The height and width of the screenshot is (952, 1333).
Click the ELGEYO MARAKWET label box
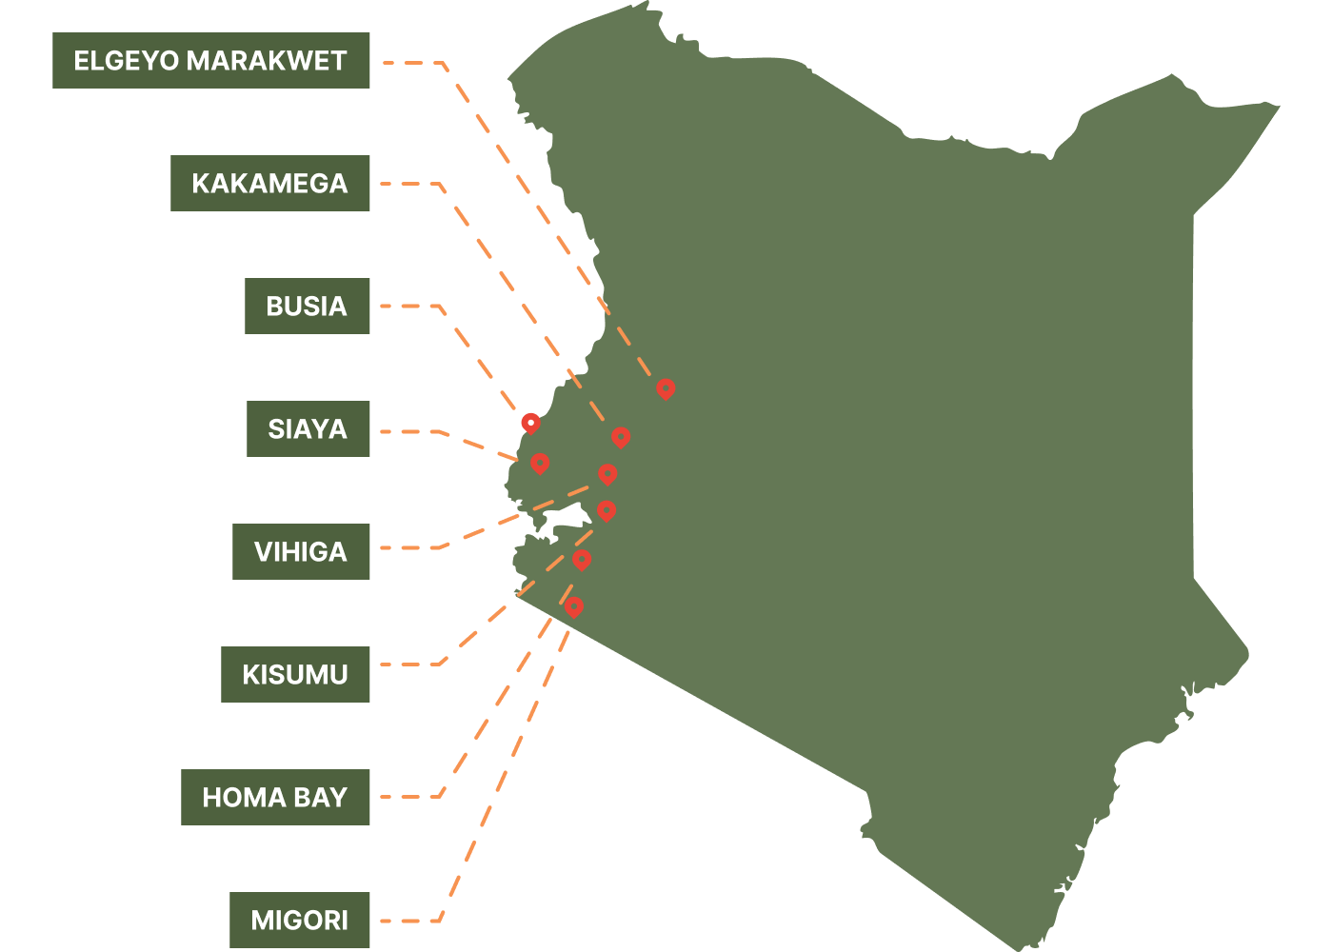(x=210, y=61)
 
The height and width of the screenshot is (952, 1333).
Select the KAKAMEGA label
(x=269, y=183)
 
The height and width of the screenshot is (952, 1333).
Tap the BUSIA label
(x=307, y=306)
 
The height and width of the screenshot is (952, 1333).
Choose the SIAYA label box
(x=308, y=428)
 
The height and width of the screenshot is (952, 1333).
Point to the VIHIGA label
(x=301, y=551)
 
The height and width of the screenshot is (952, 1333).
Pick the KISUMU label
(x=295, y=674)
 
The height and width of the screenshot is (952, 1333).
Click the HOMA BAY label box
(x=275, y=797)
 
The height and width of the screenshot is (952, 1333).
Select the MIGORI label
(x=299, y=920)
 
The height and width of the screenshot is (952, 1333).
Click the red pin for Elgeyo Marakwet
(x=666, y=388)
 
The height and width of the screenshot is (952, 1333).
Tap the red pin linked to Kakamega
(x=621, y=437)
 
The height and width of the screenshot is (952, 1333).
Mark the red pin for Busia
(x=530, y=423)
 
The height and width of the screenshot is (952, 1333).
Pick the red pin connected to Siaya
(x=540, y=463)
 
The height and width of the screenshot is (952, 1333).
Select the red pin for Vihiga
(x=607, y=473)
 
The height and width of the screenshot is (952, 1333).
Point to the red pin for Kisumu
(x=607, y=510)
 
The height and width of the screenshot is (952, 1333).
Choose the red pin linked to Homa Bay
(x=582, y=559)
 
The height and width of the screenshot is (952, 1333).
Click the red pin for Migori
(x=573, y=605)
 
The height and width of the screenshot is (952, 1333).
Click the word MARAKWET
(x=267, y=61)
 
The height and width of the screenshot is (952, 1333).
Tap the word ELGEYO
(x=127, y=61)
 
